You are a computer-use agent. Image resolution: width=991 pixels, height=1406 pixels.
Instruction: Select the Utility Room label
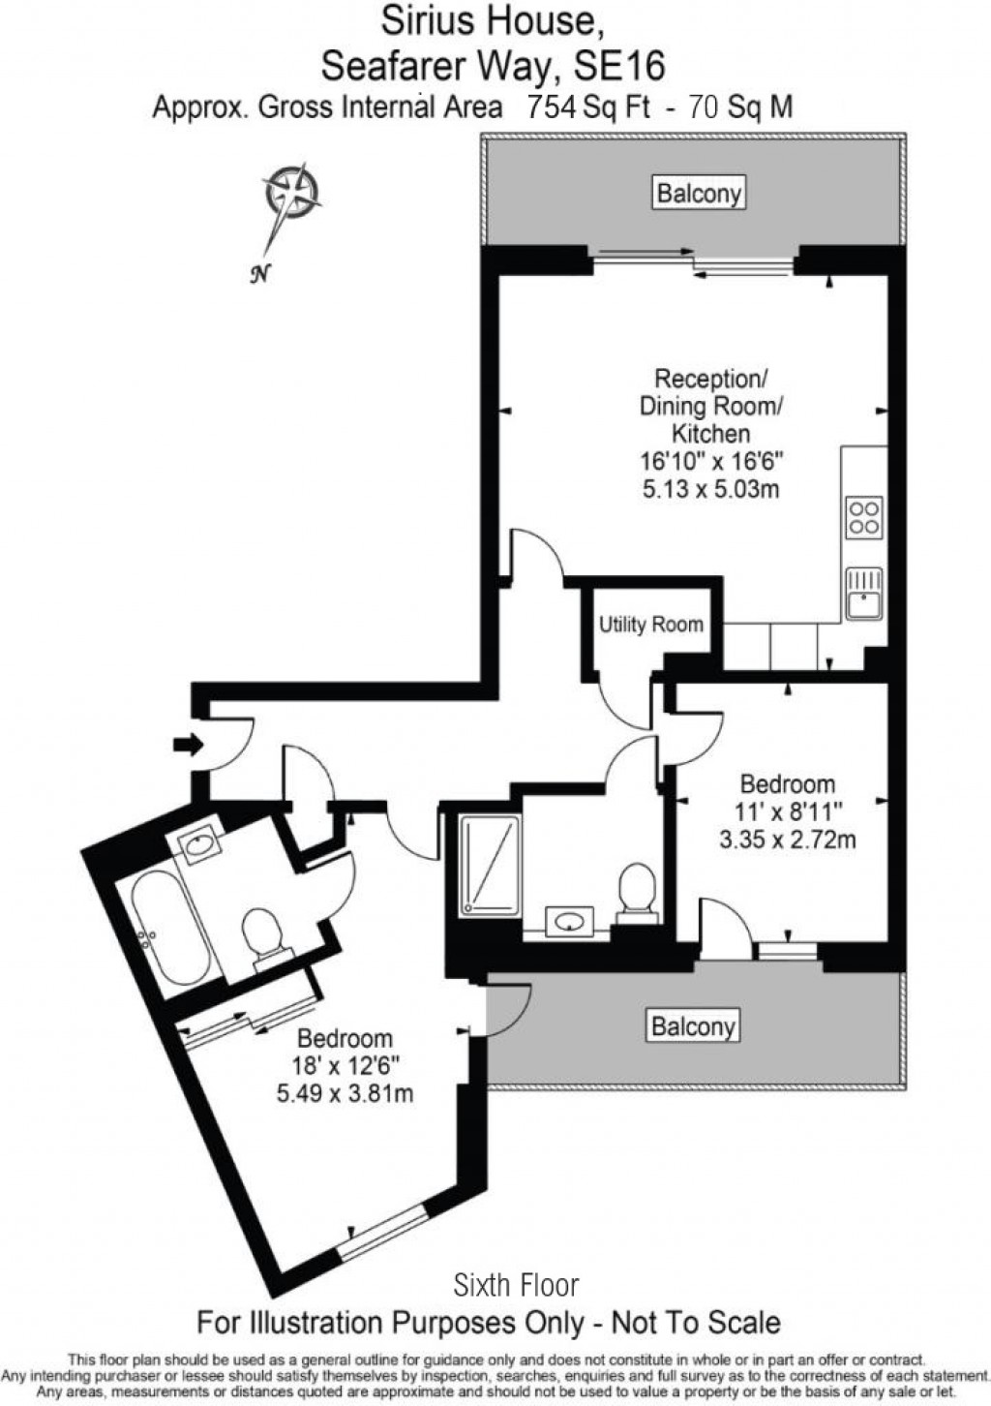click(x=650, y=625)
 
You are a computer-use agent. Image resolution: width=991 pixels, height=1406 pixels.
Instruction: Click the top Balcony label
click(x=699, y=193)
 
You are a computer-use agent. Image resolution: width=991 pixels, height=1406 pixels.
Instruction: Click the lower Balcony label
click(x=693, y=1025)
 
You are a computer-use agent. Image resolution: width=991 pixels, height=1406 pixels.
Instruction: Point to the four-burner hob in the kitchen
click(x=863, y=517)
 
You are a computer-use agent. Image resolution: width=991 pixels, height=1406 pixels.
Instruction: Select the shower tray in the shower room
click(x=490, y=864)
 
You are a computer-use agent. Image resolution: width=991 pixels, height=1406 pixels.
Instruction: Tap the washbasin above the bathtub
click(x=198, y=845)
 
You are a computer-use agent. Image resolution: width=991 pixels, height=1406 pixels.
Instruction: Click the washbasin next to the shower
click(x=569, y=920)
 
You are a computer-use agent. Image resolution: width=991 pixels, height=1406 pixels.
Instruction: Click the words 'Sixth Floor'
click(x=516, y=1285)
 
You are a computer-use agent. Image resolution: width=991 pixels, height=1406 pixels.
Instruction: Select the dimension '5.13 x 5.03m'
click(x=711, y=488)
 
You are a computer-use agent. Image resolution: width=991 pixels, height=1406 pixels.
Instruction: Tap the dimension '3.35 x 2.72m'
click(x=787, y=839)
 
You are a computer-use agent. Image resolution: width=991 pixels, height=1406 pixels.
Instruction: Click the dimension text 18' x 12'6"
click(x=345, y=1066)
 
